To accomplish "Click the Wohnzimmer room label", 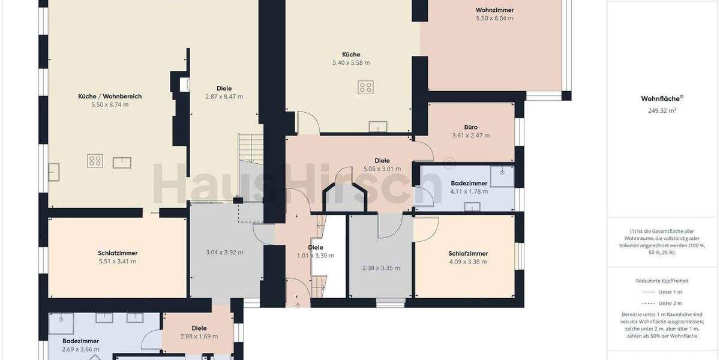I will (x=494, y=10).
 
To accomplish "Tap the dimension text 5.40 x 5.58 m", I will (x=351, y=62).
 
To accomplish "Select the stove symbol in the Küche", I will (x=366, y=88).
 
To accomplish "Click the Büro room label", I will (x=470, y=127).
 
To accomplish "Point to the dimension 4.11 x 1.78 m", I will (x=469, y=192).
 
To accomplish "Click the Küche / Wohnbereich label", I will (x=110, y=96).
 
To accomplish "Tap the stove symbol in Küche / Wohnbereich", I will (x=95, y=161).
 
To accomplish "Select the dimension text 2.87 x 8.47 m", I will (x=224, y=97).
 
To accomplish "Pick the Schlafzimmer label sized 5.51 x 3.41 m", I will (x=117, y=253).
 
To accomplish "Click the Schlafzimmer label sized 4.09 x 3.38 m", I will (x=468, y=253).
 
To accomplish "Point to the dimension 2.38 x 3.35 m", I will (x=380, y=268).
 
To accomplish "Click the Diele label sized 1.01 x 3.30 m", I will (x=316, y=247).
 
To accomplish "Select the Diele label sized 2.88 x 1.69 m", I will (x=199, y=328).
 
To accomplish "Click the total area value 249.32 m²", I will (x=662, y=111).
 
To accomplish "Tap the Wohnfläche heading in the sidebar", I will (x=662, y=98).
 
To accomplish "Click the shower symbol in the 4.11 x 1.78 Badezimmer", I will (x=502, y=175).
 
